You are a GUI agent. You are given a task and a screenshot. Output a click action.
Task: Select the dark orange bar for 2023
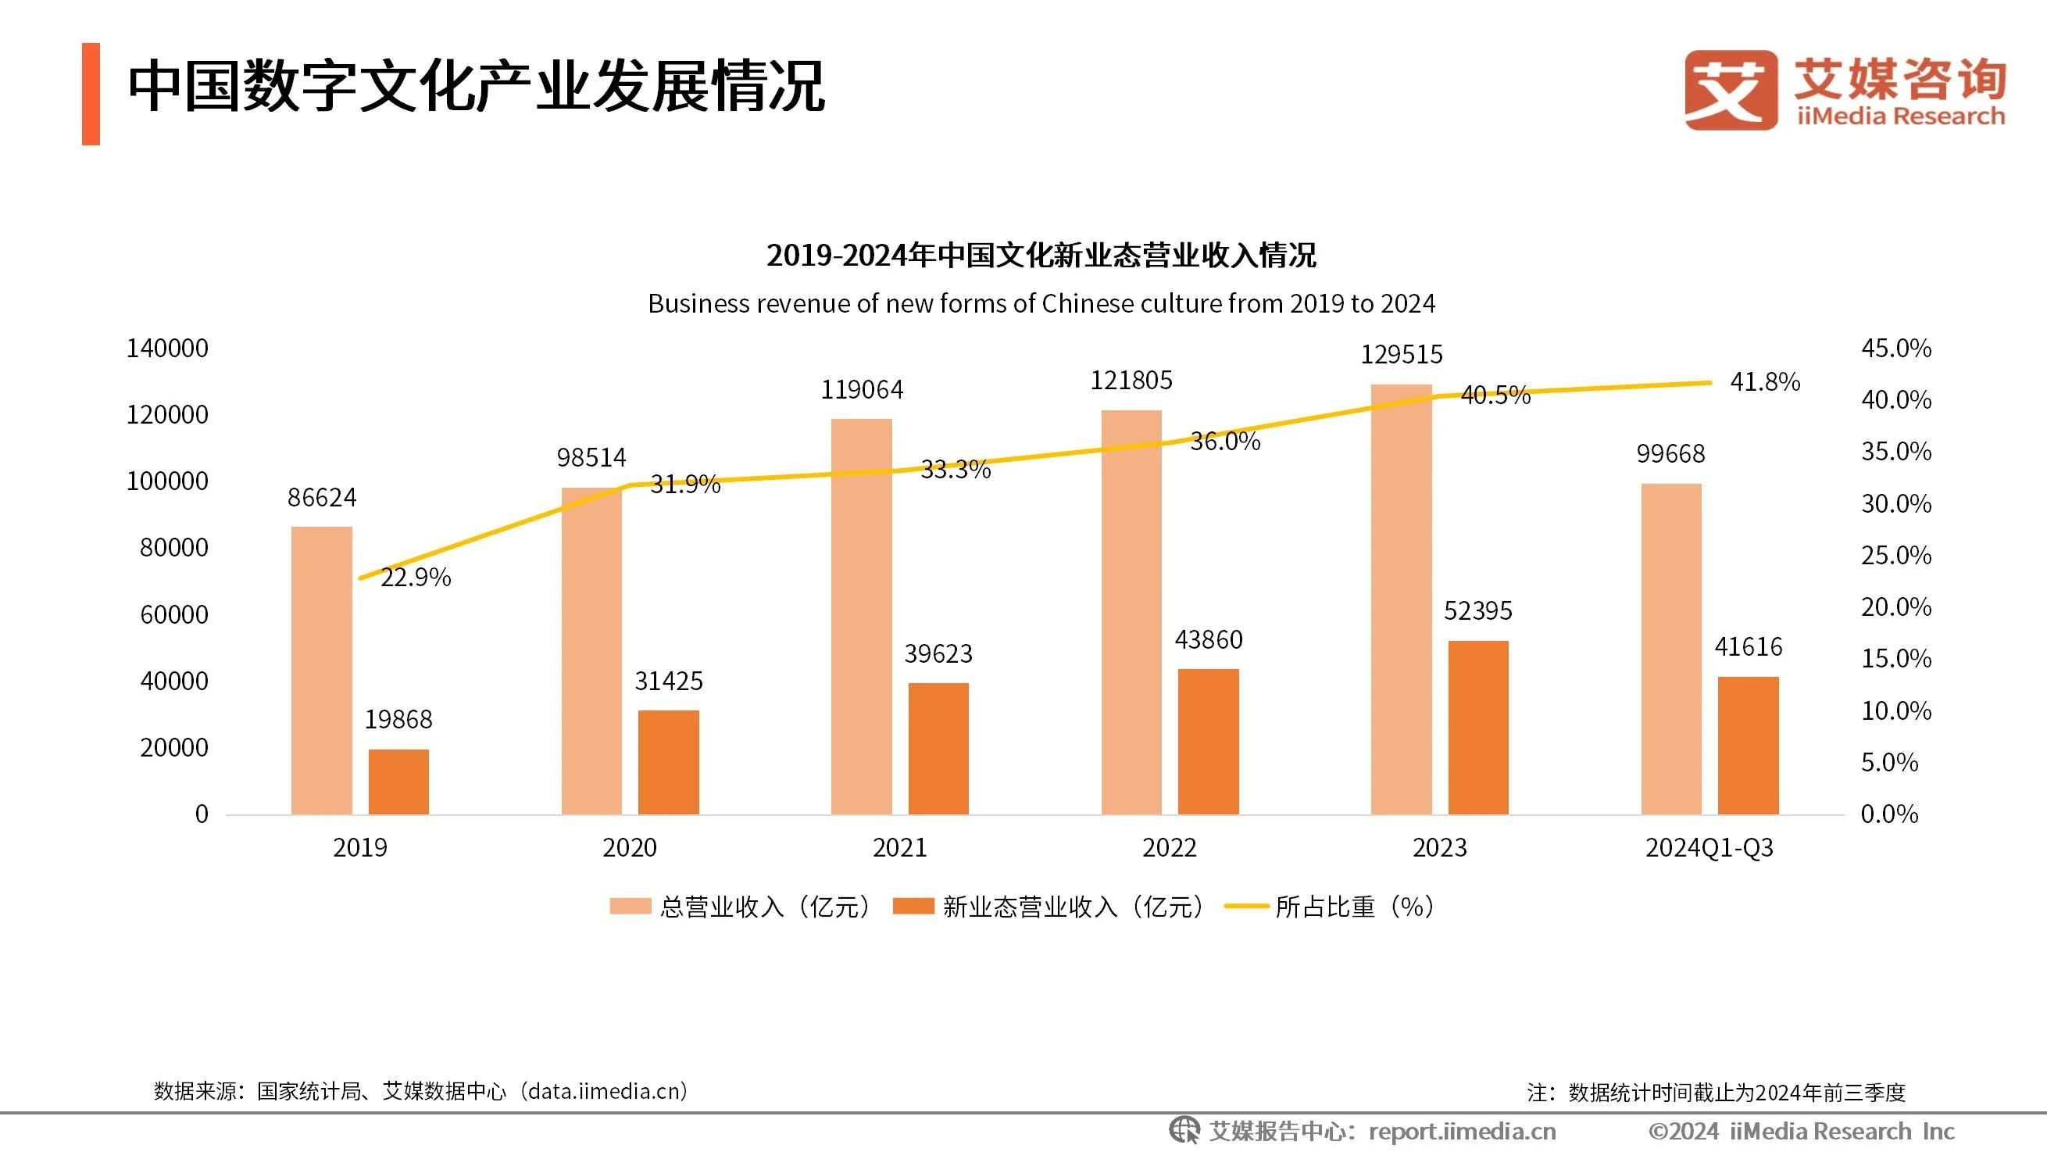click(x=1478, y=727)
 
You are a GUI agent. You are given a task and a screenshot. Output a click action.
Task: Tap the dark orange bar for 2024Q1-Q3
click(x=1748, y=745)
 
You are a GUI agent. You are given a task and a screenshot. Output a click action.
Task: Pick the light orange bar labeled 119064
click(x=862, y=616)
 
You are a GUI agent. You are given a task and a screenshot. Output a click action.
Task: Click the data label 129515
click(x=1401, y=355)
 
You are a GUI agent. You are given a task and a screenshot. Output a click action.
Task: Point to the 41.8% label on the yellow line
click(x=1764, y=382)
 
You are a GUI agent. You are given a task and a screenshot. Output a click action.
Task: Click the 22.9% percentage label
click(x=416, y=578)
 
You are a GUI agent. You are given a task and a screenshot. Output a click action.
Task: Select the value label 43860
click(x=1208, y=640)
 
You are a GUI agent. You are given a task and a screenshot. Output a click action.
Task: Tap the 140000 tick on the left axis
click(x=167, y=349)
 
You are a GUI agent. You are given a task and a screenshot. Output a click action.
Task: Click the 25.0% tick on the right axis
click(x=1896, y=555)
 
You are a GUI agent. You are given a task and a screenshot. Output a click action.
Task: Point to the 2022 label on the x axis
click(x=1169, y=847)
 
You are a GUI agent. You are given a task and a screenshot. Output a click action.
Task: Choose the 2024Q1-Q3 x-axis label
click(x=1709, y=847)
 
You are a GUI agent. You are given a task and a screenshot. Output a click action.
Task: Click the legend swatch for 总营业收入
click(x=631, y=907)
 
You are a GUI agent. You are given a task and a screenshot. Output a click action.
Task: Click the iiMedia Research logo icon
click(x=1731, y=90)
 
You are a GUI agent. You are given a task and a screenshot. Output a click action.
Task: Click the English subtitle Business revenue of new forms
click(x=1041, y=304)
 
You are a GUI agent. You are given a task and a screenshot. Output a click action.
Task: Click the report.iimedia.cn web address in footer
click(x=1462, y=1132)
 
